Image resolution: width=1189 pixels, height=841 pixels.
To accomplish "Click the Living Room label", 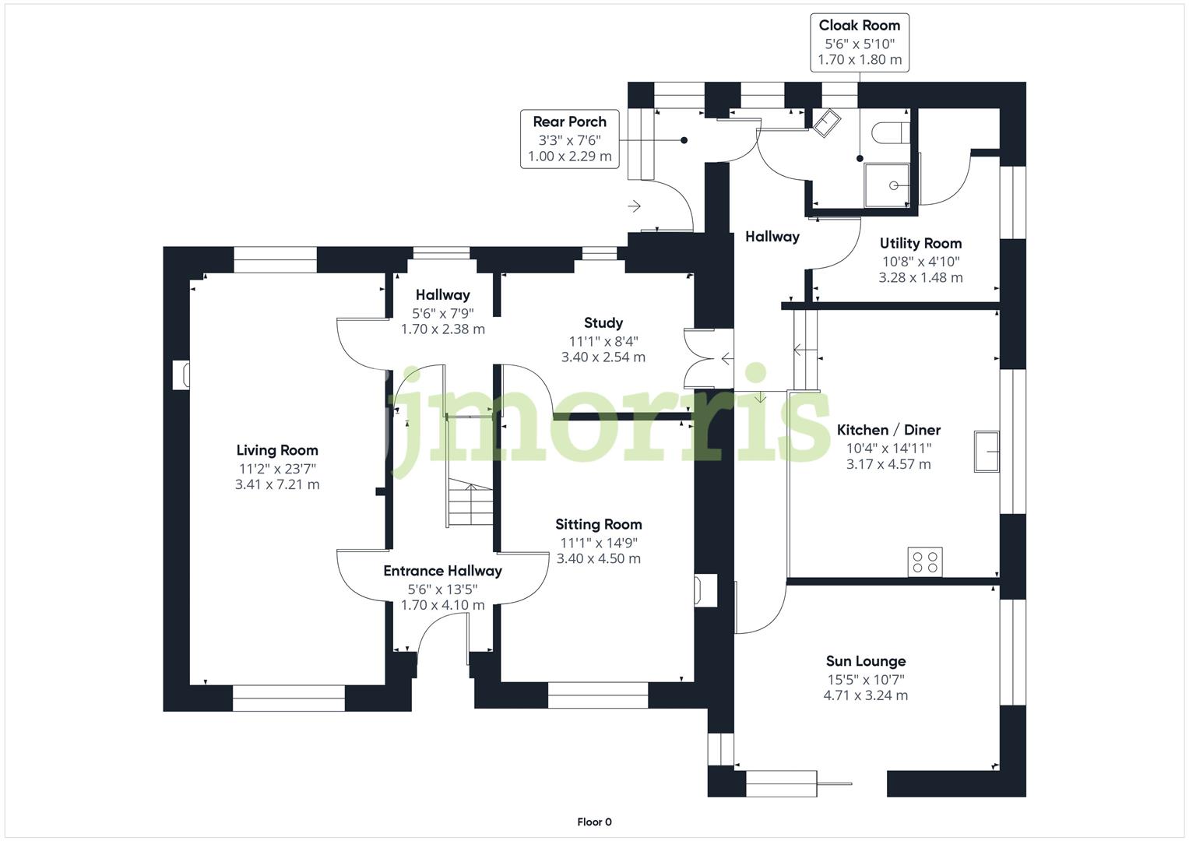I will tap(277, 450).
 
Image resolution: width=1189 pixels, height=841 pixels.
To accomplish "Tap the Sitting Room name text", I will tap(598, 524).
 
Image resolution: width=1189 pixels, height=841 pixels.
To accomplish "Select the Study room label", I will tap(603, 322).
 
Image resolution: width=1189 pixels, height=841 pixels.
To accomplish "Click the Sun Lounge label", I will tap(865, 661).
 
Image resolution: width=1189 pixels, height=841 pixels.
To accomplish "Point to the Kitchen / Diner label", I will tap(888, 430).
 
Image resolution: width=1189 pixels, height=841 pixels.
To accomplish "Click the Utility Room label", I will tap(920, 243).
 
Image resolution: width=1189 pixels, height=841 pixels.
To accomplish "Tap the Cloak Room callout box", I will tap(859, 43).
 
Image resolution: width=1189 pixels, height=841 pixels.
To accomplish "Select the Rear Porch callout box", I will tap(569, 139).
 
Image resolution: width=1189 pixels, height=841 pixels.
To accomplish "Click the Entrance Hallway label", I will tap(442, 571).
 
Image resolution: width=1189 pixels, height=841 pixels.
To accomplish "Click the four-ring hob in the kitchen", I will tap(925, 562).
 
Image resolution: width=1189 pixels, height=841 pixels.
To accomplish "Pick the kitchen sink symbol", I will tap(987, 451).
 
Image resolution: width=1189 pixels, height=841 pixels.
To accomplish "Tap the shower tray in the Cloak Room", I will tap(888, 185).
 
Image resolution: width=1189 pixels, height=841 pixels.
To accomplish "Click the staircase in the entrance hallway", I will tap(470, 505).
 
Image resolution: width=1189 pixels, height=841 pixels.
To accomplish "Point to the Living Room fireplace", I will tap(181, 375).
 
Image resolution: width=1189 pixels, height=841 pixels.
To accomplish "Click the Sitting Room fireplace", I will tap(706, 590).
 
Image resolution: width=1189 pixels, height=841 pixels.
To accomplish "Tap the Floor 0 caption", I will tap(594, 822).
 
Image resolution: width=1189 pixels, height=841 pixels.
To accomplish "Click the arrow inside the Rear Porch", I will tap(635, 206).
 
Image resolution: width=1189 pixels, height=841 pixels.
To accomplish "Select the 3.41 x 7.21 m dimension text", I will tap(277, 484).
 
